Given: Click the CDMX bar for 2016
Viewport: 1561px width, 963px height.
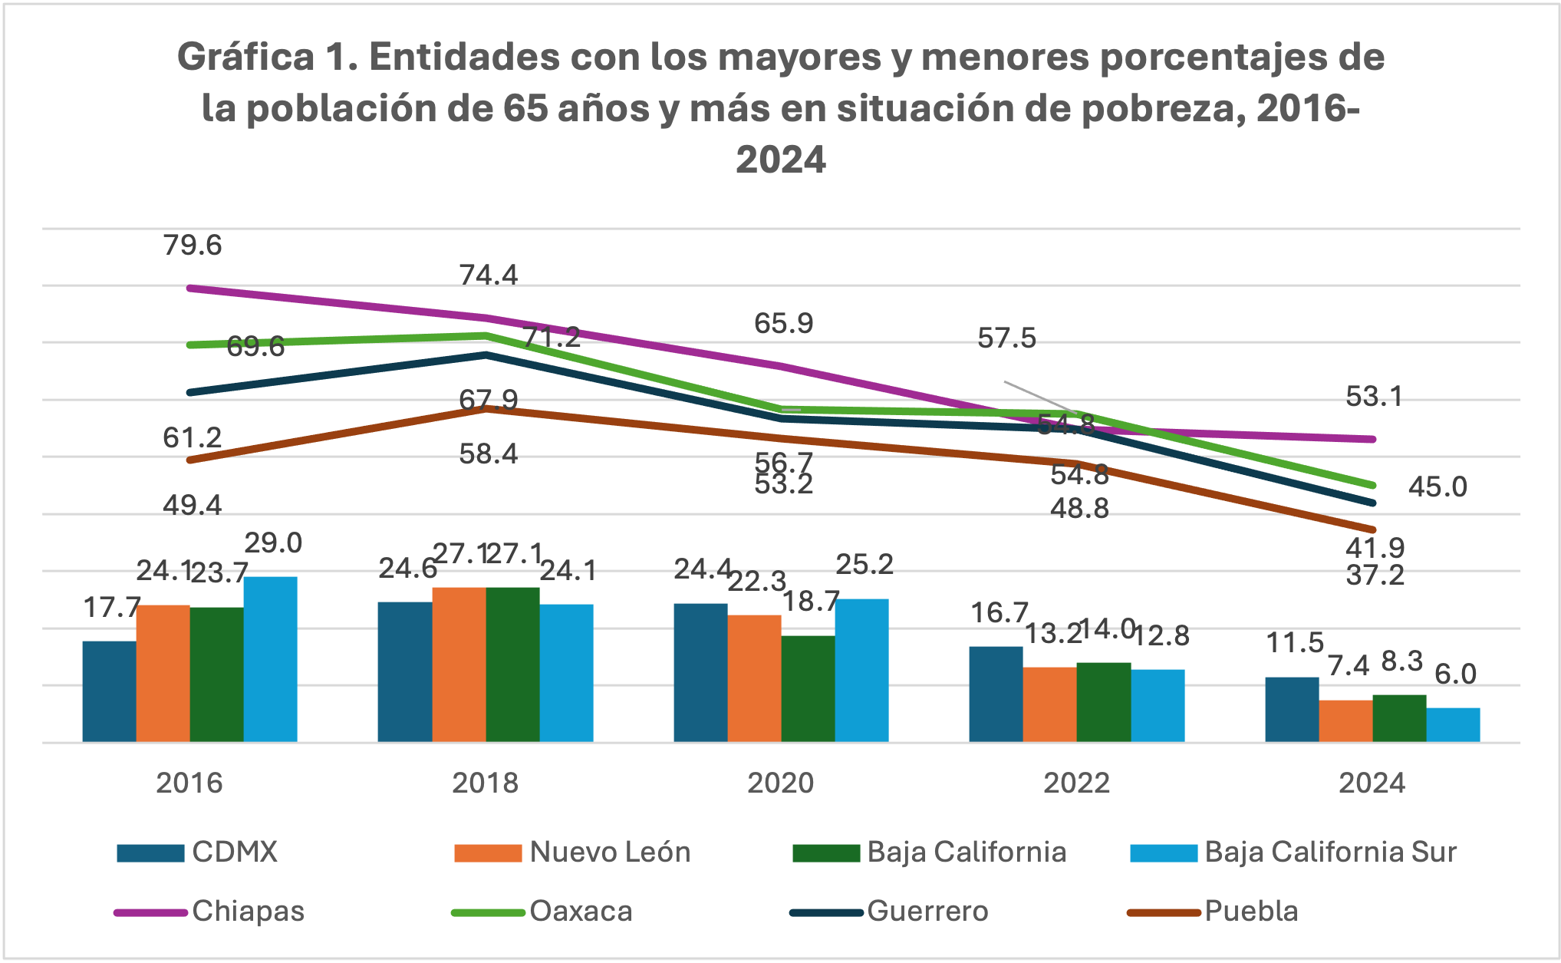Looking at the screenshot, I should tap(109, 691).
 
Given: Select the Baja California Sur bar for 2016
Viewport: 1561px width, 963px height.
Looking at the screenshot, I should tap(270, 659).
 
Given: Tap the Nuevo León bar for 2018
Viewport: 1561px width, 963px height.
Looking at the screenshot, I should tap(459, 665).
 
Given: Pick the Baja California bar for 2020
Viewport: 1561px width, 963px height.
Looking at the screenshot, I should tap(808, 688).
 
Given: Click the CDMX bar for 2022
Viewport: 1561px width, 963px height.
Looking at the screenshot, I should tap(996, 694).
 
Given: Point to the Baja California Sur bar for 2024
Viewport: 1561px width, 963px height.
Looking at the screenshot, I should tap(1453, 724).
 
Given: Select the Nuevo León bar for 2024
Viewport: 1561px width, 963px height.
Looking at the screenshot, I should tap(1345, 721).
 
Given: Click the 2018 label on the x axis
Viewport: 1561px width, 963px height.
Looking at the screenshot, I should tap(485, 783).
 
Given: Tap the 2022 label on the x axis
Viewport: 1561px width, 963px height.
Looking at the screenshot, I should tap(1076, 783).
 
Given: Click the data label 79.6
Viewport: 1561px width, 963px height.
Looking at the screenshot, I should tap(192, 246).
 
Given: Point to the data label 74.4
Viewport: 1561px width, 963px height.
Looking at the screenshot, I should tap(489, 275).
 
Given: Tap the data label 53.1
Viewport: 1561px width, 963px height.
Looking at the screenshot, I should tap(1374, 397).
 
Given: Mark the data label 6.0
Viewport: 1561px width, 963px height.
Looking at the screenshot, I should tap(1455, 674).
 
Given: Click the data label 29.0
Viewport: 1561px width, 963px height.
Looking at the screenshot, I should tap(273, 543).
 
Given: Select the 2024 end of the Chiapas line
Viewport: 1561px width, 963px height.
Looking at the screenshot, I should tap(1372, 439).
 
